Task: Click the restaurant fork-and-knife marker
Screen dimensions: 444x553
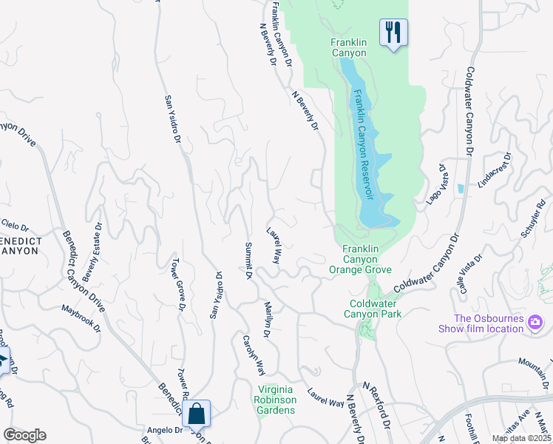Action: (393, 32)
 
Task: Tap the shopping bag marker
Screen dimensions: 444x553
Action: (197, 414)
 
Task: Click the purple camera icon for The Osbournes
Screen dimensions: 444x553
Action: (535, 322)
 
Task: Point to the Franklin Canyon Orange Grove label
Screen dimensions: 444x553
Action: (360, 260)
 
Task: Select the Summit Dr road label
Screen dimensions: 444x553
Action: (248, 261)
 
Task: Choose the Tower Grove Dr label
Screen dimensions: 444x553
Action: (177, 285)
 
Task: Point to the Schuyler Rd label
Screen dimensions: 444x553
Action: (532, 221)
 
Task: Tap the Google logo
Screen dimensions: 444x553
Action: (24, 435)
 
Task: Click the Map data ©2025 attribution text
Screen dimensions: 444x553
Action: (521, 439)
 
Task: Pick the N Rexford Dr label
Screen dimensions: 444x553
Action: (376, 407)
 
